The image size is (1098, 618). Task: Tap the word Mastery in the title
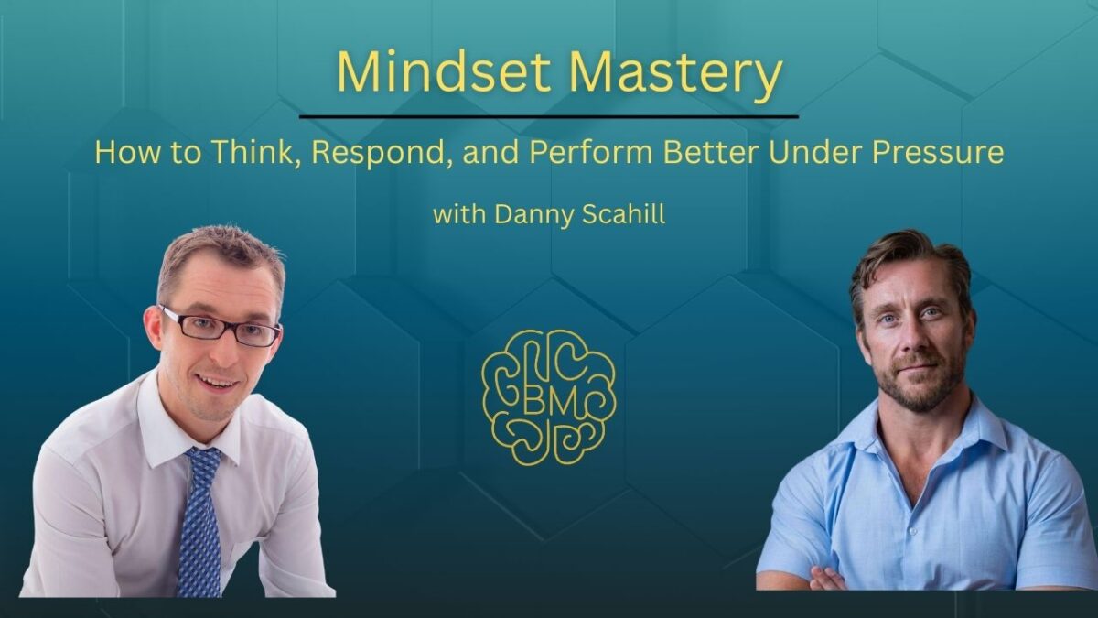pos(674,75)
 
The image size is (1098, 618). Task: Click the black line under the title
pos(549,117)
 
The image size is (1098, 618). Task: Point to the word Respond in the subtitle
pos(382,154)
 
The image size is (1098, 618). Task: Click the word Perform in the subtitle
pos(591,152)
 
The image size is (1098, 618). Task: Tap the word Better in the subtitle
pos(710,152)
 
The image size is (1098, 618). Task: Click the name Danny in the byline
pos(533,216)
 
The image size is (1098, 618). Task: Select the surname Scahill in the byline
pos(623,214)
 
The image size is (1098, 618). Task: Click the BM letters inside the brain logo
pos(550,404)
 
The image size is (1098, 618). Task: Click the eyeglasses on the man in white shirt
pos(221,327)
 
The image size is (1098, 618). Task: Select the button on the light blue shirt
pos(912,531)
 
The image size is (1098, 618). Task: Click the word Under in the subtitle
pos(814,152)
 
